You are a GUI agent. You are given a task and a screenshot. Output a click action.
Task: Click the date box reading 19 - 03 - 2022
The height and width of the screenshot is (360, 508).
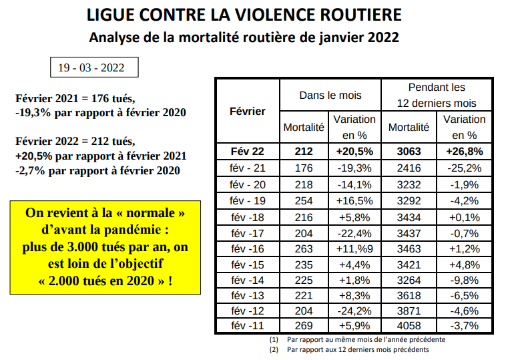click(x=94, y=67)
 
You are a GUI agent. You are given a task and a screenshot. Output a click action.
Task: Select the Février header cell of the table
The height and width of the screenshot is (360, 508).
click(x=248, y=111)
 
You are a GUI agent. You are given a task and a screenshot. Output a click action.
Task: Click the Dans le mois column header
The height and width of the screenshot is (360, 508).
click(x=330, y=96)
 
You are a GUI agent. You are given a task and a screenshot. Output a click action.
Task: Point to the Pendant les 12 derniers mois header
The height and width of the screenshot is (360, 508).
click(x=437, y=96)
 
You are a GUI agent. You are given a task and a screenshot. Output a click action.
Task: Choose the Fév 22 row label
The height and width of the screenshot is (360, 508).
click(x=248, y=152)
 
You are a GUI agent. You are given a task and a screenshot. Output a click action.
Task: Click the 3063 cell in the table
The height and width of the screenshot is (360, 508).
click(x=409, y=152)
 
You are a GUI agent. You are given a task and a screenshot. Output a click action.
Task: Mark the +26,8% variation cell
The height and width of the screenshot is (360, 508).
click(x=464, y=152)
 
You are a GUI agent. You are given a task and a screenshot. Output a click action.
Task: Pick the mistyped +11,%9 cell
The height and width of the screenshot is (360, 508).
click(x=354, y=249)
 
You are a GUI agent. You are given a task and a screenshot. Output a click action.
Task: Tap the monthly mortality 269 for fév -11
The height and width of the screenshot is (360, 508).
click(x=304, y=326)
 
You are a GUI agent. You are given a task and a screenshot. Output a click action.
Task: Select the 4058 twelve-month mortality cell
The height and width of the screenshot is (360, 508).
click(x=409, y=326)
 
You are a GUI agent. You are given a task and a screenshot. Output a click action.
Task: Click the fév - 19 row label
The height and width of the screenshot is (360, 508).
click(x=248, y=201)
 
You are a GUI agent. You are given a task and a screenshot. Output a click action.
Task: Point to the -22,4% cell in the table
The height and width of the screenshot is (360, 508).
click(x=354, y=233)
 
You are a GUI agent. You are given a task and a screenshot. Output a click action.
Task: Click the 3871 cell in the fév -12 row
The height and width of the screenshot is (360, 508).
click(x=409, y=311)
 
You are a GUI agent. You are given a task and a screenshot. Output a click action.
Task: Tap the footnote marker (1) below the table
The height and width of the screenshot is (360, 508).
click(x=274, y=339)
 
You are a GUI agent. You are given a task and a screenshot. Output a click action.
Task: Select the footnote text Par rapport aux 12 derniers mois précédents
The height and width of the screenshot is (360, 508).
click(x=358, y=349)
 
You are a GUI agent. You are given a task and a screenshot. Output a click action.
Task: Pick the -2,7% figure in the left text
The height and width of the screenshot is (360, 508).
click(x=30, y=170)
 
